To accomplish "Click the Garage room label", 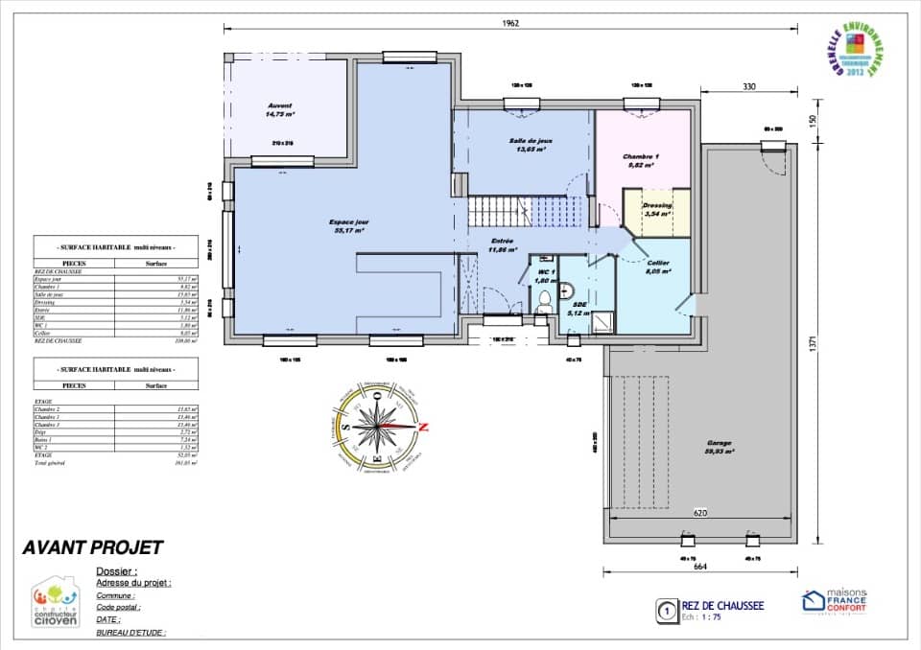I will pos(719,447).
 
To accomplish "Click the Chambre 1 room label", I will pos(641,160).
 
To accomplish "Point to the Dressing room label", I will pos(657,209).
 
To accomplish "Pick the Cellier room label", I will pos(657,267).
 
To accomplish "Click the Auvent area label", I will pos(280,109).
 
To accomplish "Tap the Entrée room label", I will pos(502,245).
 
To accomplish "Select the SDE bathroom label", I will pos(580,308).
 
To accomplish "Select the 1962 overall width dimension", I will pos(509,24).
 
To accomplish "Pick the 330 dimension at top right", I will pos(748,87).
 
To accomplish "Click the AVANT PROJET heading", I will pos(92,548).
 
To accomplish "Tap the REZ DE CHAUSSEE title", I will pos(722,606).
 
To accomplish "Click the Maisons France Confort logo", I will pos(834,602).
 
